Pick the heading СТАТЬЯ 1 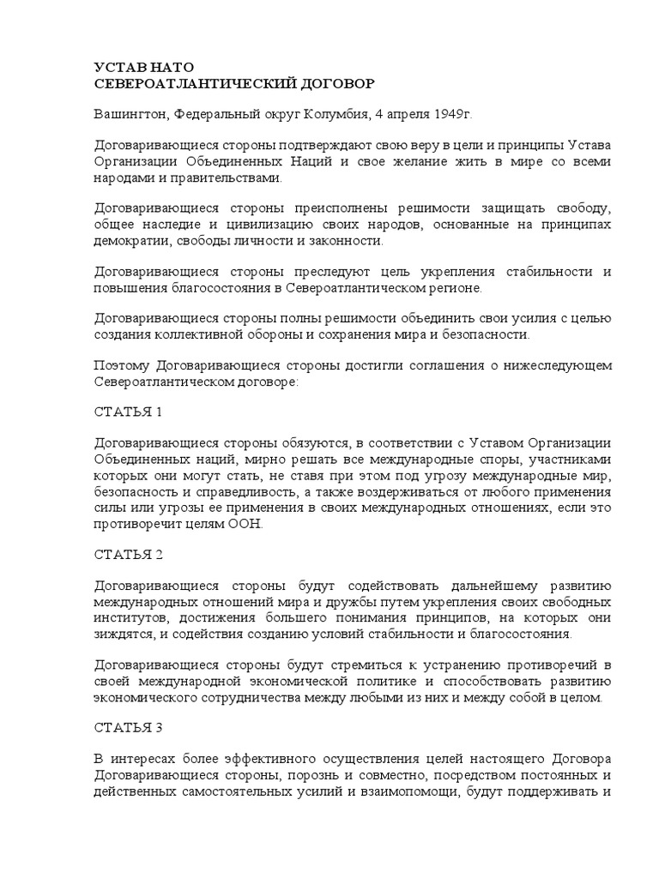(128, 412)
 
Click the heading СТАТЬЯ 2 (128, 554)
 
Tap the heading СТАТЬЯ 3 (128, 728)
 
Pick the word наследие (168, 226)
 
